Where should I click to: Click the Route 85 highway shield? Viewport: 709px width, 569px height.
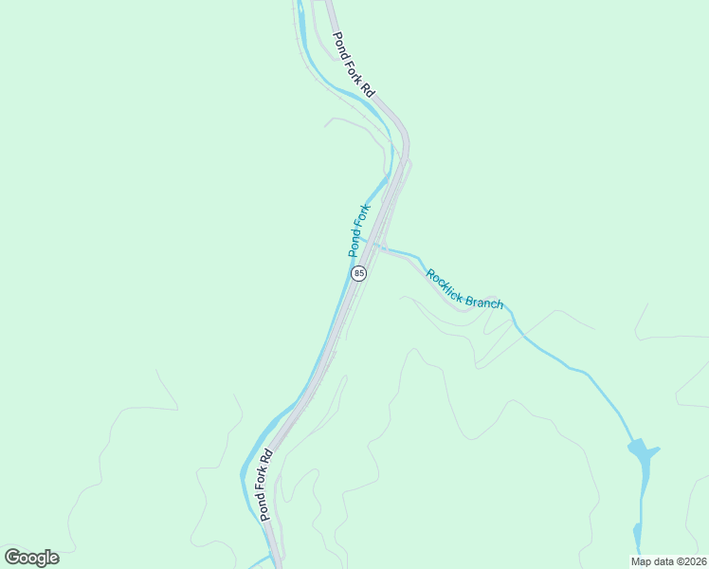(358, 273)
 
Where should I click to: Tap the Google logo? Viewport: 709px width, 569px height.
(31, 558)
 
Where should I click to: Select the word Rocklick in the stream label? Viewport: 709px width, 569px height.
(446, 288)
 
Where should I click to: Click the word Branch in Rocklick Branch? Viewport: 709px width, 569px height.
(486, 303)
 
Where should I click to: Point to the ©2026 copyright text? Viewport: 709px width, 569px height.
(687, 561)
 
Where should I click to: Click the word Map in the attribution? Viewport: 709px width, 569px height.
(642, 561)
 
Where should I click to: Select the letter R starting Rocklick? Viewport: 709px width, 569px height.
(430, 275)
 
